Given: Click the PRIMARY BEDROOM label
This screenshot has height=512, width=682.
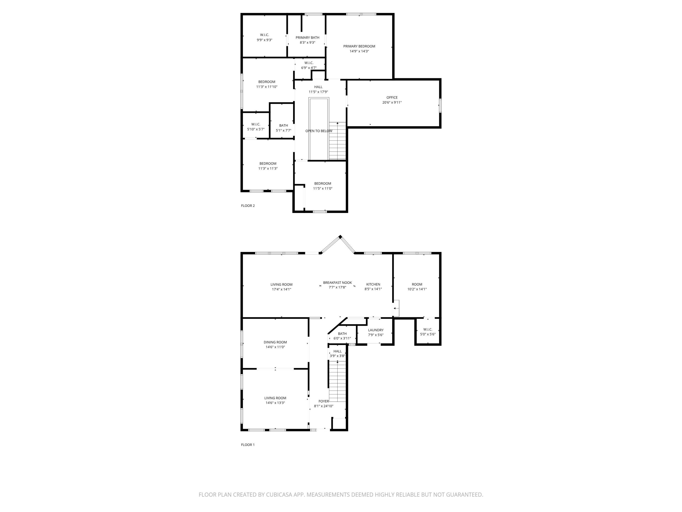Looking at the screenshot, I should pos(359,46).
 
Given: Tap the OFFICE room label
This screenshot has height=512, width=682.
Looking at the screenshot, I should pos(392,98).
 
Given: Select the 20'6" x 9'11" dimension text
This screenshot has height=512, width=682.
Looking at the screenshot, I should pos(392,102).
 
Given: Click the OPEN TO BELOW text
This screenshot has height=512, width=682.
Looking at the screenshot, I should pos(319,131).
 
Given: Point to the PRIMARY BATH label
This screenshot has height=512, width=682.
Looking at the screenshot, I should pos(307,38).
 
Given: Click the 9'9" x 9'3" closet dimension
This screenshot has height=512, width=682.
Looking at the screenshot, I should pos(265,40).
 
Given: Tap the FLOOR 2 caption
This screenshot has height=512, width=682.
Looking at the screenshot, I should pos(248,205).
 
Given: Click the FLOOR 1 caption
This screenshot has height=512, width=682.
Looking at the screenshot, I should pos(248,445).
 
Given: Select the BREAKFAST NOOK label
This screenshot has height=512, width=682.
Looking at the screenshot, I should pos(337,283).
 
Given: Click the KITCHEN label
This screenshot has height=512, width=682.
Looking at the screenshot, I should pos(373,284).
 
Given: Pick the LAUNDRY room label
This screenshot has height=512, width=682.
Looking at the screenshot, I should pos(376,330).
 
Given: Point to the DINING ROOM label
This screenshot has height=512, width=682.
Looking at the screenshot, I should pos(275,342).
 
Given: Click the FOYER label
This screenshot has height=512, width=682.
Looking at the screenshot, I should pos(323,401).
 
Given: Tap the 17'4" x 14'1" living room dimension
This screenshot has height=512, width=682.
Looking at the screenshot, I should pos(281,289).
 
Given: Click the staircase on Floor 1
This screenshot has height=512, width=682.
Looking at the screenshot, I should pos(337,381).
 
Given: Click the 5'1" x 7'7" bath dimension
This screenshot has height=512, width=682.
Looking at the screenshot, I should pos(283,130).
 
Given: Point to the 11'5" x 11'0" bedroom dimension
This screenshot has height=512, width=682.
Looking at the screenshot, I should pos(323,188).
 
